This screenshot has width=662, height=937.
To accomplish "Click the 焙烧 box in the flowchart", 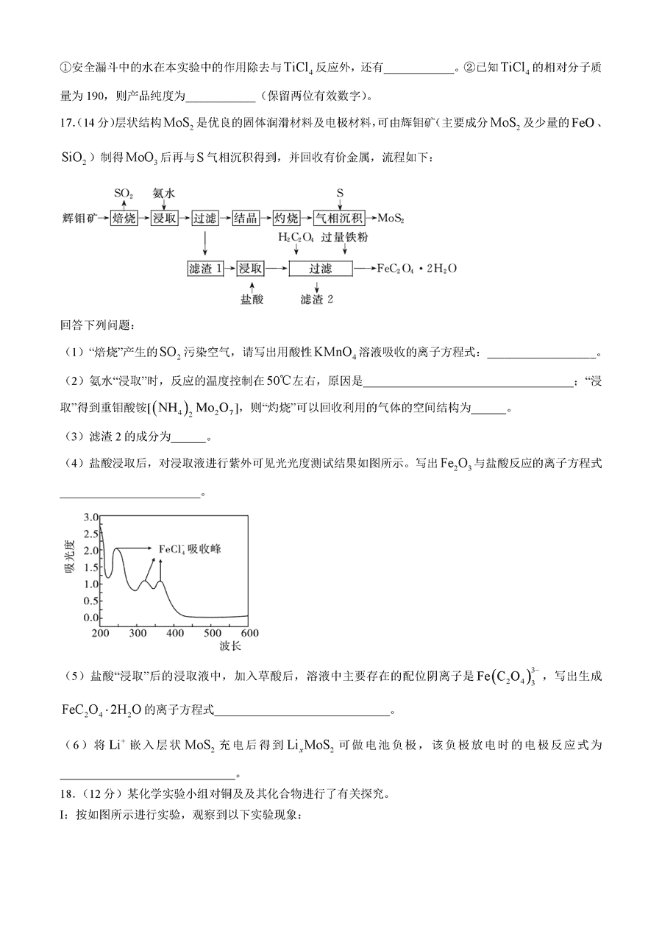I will tap(124, 218).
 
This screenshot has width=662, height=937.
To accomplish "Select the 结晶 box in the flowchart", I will tap(245, 218).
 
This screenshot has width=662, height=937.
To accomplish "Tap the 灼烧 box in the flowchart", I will tap(285, 218).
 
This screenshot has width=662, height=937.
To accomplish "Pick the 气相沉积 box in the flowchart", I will tap(339, 218).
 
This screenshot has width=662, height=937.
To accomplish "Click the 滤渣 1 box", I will tap(205, 269).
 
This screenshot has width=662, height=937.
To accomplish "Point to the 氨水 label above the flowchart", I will tap(163, 193).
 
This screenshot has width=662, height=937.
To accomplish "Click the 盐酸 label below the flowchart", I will tap(251, 300).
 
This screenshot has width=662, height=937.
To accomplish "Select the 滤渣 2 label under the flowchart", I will tap(316, 300).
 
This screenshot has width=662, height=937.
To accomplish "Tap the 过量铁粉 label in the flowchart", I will tap(345, 238).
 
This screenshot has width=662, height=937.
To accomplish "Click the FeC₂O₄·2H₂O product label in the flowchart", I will tap(416, 269).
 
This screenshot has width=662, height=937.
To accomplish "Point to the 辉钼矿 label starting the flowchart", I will tap(80, 219).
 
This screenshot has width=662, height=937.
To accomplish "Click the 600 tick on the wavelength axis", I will tap(249, 633).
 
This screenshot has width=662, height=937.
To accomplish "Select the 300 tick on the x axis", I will tap(138, 633).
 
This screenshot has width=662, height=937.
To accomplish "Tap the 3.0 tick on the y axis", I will tap(91, 517).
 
